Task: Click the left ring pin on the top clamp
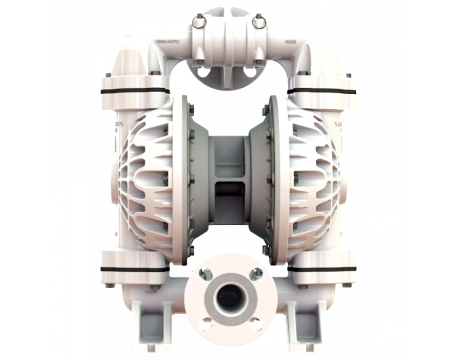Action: tap(198, 22)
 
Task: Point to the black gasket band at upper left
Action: tap(134, 91)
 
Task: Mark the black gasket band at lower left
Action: tap(134, 269)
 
